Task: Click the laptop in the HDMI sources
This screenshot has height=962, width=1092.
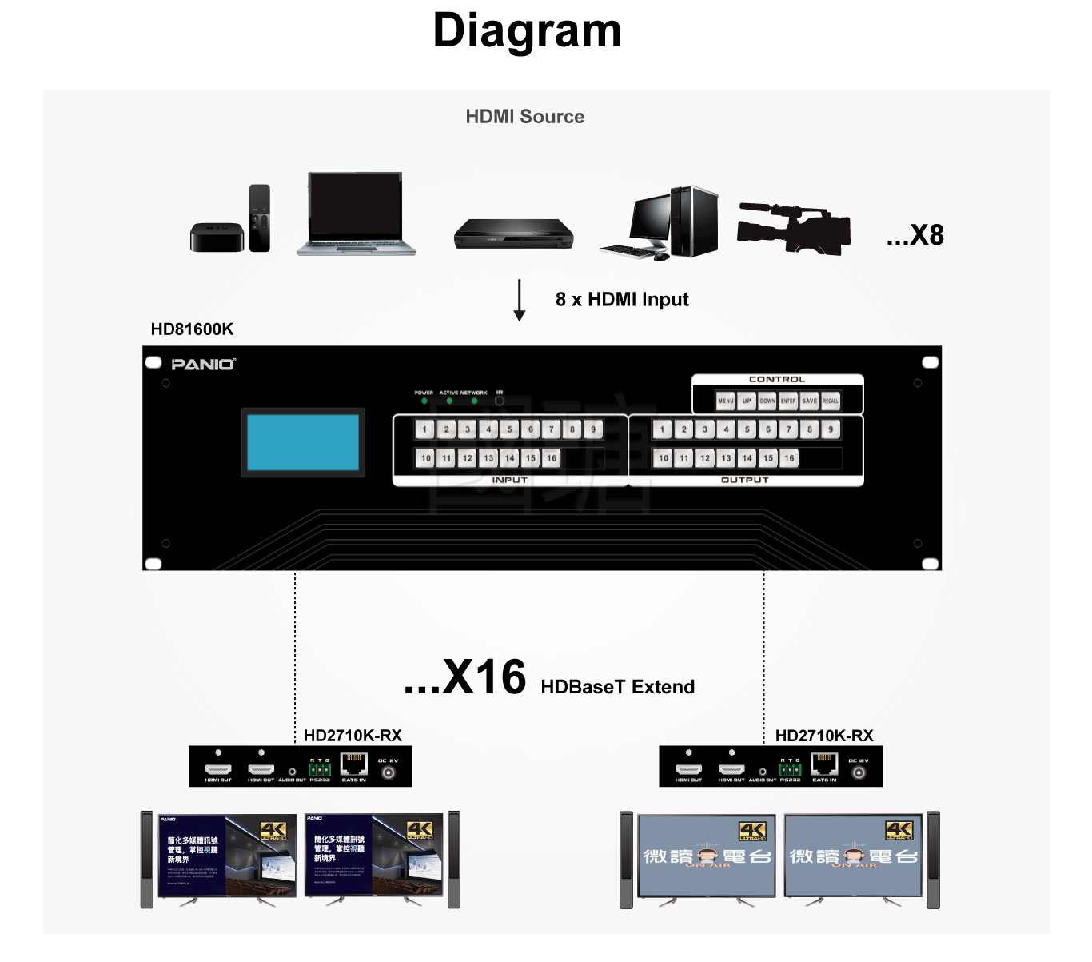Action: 356,214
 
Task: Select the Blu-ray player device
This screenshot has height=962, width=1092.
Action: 513,234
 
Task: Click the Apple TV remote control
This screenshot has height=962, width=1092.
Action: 260,218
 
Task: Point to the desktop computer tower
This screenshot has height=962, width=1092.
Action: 693,221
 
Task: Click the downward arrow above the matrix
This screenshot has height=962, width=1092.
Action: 520,301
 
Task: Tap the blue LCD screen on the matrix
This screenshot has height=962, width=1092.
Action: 303,442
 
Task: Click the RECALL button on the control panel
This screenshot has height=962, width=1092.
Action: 831,401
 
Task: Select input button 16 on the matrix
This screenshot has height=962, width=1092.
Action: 552,458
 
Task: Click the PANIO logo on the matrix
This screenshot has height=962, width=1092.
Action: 203,365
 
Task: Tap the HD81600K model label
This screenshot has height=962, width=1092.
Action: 192,329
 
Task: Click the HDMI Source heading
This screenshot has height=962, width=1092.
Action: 524,117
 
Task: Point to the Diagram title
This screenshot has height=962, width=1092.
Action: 527,31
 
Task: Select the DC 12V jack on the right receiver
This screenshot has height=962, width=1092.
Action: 859,772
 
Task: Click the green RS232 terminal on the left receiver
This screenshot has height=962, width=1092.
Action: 320,769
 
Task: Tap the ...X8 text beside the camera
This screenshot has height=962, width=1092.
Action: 915,235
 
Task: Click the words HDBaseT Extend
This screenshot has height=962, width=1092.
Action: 617,687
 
